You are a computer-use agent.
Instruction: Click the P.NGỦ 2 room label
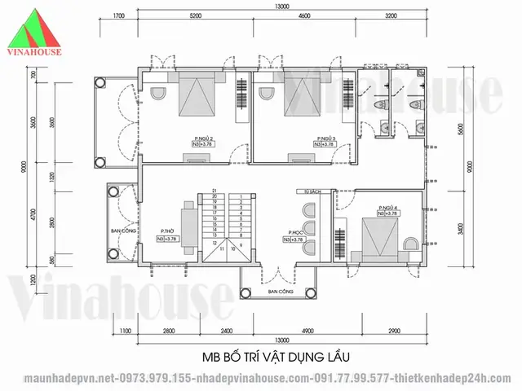(203, 139)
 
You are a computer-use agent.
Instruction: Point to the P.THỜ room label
(170, 232)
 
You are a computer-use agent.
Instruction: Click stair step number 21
(214, 190)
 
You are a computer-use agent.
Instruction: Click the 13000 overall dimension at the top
(281, 7)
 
